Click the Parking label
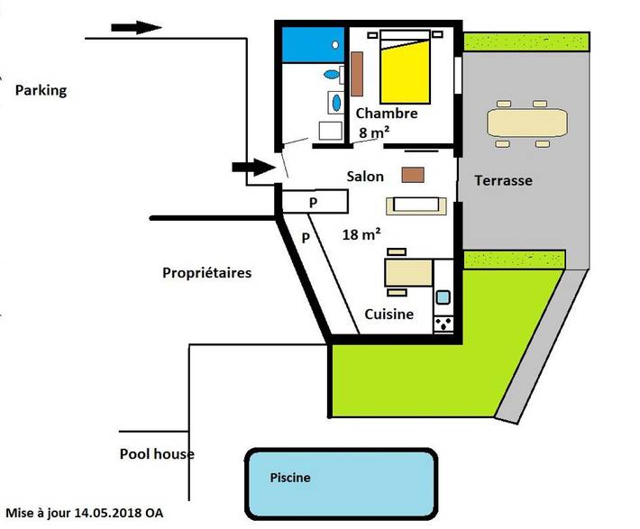point(41,90)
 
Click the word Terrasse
point(503,180)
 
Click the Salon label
point(365,177)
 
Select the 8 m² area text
point(374,133)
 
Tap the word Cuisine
point(389,315)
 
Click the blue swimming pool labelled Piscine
point(340,478)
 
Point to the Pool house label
point(157,454)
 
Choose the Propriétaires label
point(206,272)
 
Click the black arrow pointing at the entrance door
point(254,167)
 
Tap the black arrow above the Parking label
point(136,27)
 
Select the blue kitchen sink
point(443,296)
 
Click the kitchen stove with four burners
point(443,322)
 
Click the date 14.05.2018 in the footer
point(109,512)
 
